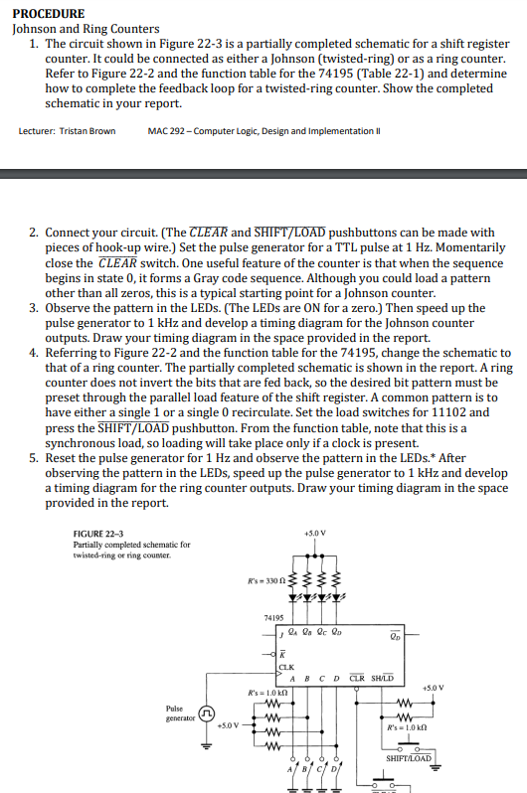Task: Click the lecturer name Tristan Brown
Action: coord(68,131)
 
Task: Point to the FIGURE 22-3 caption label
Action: coord(99,534)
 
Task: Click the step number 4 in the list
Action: coord(35,353)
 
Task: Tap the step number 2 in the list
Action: coord(35,233)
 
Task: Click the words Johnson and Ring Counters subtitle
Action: coord(78,30)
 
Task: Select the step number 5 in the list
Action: coord(35,457)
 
